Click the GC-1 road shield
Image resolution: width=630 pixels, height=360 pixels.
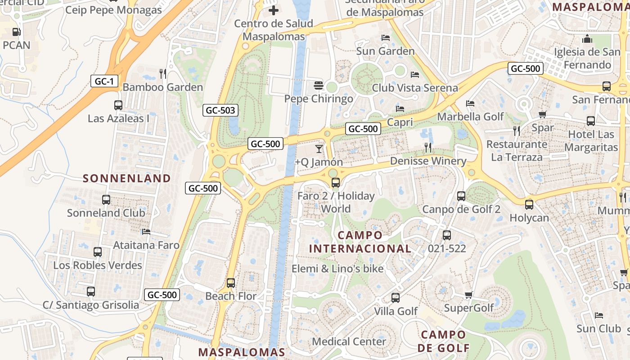tap(105, 81)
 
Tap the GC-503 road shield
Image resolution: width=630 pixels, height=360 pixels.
tap(220, 110)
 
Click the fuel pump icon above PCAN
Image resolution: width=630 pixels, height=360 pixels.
tap(16, 32)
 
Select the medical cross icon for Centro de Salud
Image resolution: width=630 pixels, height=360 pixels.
tap(274, 10)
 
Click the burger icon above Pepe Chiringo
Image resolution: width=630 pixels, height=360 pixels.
tap(319, 85)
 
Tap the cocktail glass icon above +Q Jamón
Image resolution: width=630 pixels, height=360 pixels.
tap(319, 148)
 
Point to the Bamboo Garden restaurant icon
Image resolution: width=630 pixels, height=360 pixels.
tap(163, 73)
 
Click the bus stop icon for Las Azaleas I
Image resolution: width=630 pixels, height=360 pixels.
tap(118, 105)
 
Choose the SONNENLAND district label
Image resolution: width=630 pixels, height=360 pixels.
tap(127, 178)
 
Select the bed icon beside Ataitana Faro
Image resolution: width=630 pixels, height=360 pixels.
tap(146, 232)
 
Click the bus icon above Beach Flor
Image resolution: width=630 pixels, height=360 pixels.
tap(231, 283)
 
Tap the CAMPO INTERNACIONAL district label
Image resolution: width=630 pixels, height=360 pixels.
tap(360, 242)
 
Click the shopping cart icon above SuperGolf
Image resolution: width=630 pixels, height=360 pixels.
tap(469, 295)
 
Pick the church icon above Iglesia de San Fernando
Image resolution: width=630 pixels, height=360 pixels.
tap(587, 39)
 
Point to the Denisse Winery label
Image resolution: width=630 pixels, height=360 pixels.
tap(428, 161)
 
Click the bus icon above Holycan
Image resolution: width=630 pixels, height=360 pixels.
tap(529, 204)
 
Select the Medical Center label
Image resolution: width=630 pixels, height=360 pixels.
tap(349, 342)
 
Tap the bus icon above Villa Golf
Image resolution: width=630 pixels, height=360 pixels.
tap(396, 298)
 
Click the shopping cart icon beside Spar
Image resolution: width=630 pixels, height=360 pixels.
tap(542, 114)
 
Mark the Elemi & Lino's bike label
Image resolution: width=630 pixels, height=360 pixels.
tap(337, 269)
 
